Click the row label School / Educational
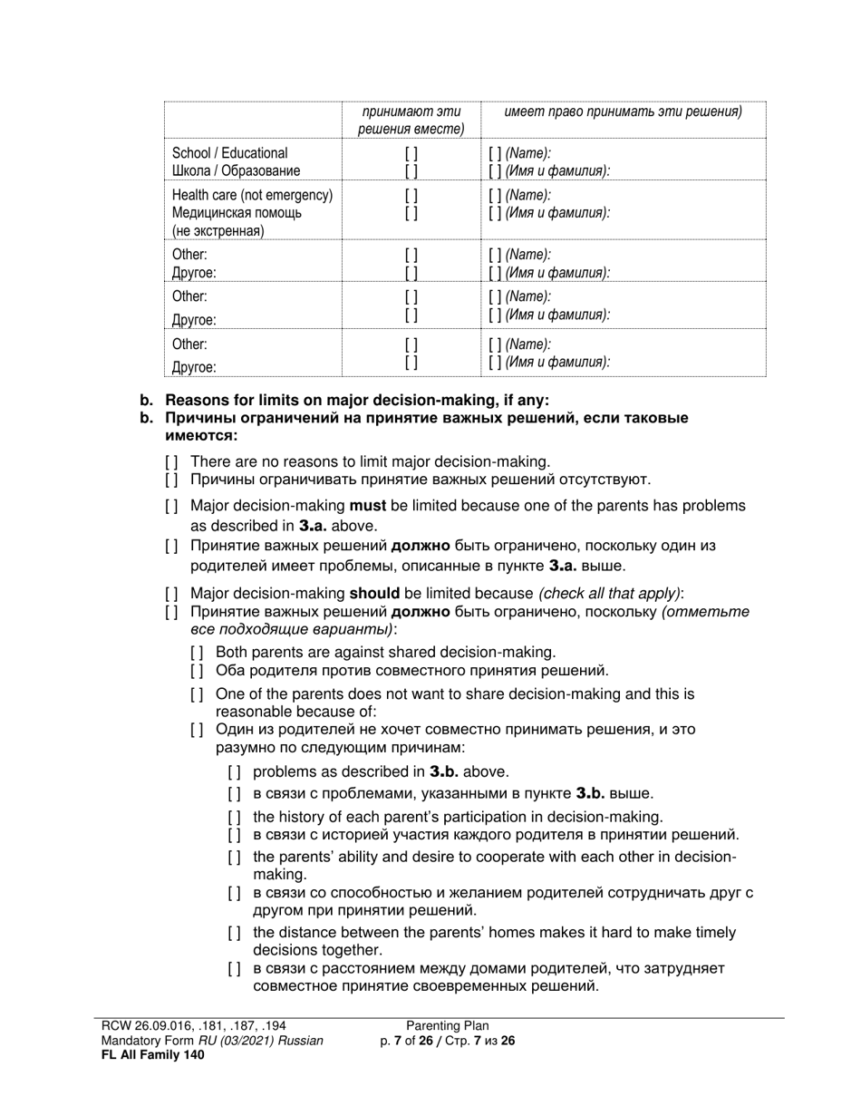(229, 153)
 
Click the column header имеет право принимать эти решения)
(623, 112)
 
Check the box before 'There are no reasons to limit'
(171, 461)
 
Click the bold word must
(367, 506)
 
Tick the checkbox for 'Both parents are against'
(197, 652)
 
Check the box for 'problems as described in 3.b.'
(234, 772)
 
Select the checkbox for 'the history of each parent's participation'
(234, 817)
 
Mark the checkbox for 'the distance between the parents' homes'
(234, 933)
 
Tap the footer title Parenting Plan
(447, 1026)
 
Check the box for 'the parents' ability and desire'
(234, 857)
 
